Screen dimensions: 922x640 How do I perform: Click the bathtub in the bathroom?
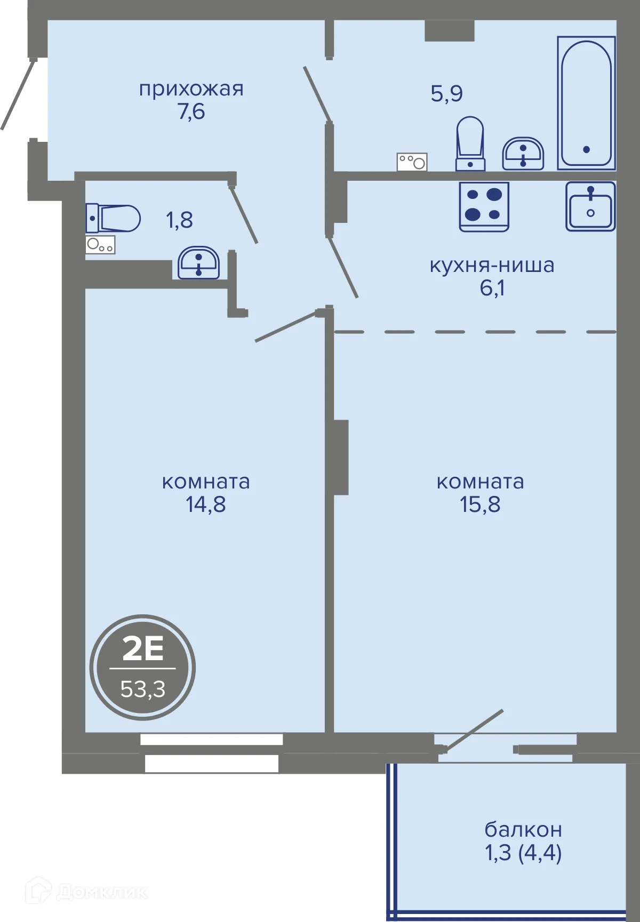pos(586,102)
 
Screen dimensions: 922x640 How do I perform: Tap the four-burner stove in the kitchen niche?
pos(484,206)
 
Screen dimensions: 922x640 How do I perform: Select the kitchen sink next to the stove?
pos(590,206)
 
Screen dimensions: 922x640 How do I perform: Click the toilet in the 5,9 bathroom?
pos(470,143)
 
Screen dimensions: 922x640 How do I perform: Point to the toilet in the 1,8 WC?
pos(113,218)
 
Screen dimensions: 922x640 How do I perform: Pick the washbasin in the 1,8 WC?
pos(198,262)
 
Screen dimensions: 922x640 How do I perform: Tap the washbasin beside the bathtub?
pos(523,154)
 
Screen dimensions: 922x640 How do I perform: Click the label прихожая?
pos(191,89)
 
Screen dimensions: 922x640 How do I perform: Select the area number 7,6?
pos(191,111)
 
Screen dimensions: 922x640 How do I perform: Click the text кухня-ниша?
pos(492,265)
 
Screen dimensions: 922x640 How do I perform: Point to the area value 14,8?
pos(205,504)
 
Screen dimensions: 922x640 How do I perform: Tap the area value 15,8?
pos(480,504)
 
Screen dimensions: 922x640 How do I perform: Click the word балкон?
pos(523,829)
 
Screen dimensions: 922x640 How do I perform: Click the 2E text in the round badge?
pos(142,649)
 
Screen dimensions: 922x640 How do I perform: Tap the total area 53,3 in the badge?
pos(142,689)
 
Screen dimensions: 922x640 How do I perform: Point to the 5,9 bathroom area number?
pos(446,93)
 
